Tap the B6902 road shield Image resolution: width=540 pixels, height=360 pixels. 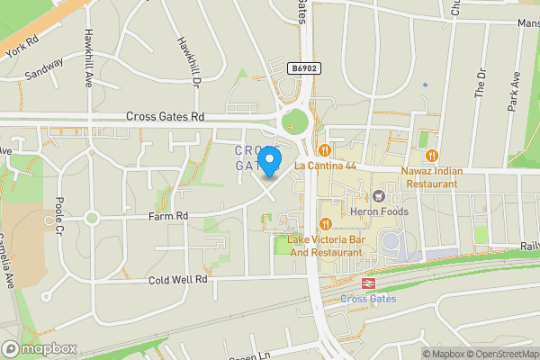click(304, 68)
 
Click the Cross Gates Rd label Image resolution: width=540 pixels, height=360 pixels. click(166, 117)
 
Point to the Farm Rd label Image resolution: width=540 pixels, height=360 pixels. click(169, 216)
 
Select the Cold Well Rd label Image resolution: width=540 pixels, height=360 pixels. click(178, 280)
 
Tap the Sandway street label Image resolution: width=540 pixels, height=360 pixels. click(44, 68)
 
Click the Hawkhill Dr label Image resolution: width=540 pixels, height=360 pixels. click(188, 57)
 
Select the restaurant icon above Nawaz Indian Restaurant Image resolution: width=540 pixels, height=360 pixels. click(431, 154)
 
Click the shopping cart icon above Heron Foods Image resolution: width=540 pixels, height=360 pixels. click(379, 195)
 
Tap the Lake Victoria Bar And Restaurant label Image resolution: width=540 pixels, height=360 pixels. click(325, 247)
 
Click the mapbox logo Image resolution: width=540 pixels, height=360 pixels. click(40, 348)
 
